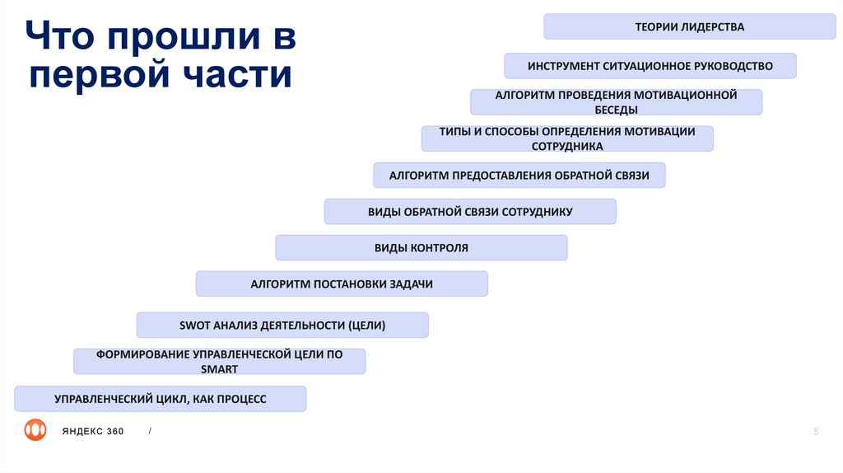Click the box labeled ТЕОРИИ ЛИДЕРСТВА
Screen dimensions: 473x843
[689, 26]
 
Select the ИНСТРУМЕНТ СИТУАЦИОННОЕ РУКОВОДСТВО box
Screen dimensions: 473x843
[650, 66]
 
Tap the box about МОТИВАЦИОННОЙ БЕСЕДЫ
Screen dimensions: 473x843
[616, 102]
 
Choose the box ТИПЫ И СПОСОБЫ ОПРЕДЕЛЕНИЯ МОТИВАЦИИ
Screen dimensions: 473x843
[567, 138]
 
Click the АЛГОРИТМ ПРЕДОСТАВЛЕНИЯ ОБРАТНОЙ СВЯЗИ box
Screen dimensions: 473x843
[519, 176]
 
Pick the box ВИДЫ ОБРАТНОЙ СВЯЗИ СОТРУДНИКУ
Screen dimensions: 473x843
[470, 212]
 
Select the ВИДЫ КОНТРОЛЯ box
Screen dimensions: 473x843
[421, 248]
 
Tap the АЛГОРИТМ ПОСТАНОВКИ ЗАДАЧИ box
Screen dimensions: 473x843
[342, 284]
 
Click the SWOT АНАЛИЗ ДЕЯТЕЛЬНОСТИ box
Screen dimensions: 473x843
[282, 325]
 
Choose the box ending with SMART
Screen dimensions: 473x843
[219, 362]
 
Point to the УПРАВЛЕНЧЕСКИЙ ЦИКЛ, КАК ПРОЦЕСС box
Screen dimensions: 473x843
[161, 399]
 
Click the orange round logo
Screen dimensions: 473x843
[35, 430]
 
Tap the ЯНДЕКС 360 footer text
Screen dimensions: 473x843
[92, 431]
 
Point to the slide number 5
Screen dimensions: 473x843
[816, 431]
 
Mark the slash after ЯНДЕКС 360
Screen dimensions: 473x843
[150, 431]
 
